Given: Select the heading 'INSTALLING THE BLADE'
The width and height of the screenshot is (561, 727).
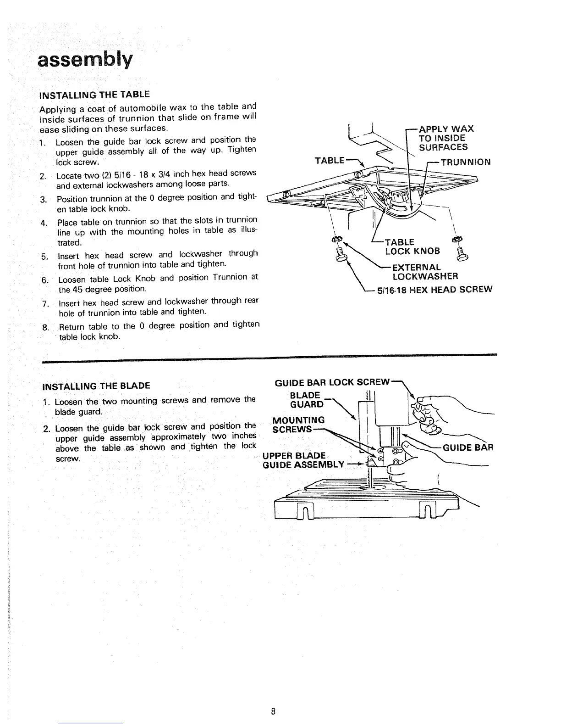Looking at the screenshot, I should (96, 385).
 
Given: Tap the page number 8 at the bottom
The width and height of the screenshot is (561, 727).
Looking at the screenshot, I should (273, 699).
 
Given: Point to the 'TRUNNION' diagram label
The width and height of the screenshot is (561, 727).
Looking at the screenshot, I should (465, 162).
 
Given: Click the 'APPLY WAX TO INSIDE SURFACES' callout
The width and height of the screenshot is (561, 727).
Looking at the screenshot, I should (445, 138).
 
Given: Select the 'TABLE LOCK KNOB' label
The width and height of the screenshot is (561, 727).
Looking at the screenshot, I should (412, 246).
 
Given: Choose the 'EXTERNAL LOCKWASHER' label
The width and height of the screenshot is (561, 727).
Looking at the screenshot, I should (425, 272).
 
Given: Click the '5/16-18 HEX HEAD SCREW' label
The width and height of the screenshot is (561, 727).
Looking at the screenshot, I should (434, 289).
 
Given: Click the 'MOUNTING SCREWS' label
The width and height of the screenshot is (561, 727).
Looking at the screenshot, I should (298, 425).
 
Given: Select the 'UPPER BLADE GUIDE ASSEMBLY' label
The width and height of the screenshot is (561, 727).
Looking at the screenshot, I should (302, 460).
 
